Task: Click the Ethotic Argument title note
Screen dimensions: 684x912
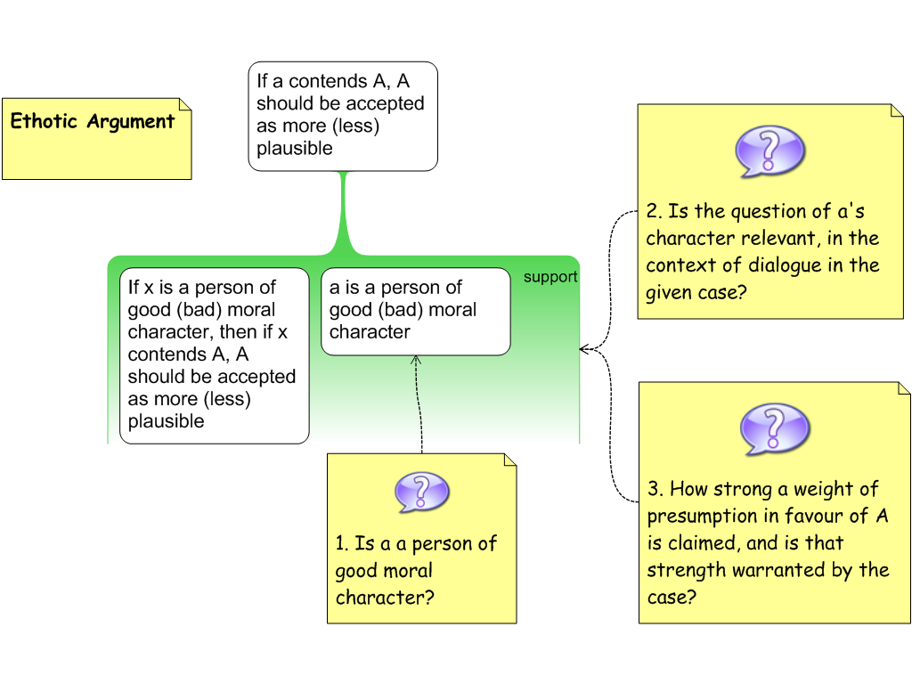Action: pyautogui.click(x=96, y=138)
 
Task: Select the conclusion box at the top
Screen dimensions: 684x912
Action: pyautogui.click(x=343, y=116)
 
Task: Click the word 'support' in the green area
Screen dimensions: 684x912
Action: pyautogui.click(x=550, y=277)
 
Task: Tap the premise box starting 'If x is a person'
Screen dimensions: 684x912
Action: pyautogui.click(x=214, y=354)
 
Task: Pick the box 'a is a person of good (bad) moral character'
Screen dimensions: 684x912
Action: pyautogui.click(x=415, y=311)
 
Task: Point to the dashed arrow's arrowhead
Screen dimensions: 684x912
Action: pyautogui.click(x=416, y=360)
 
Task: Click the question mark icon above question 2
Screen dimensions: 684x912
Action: pyautogui.click(x=769, y=151)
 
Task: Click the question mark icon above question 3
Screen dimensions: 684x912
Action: pyautogui.click(x=774, y=428)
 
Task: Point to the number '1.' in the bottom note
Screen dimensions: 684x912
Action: pyautogui.click(x=342, y=544)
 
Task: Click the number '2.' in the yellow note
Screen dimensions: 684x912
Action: pyautogui.click(x=655, y=212)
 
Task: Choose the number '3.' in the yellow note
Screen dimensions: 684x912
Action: pyautogui.click(x=655, y=489)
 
